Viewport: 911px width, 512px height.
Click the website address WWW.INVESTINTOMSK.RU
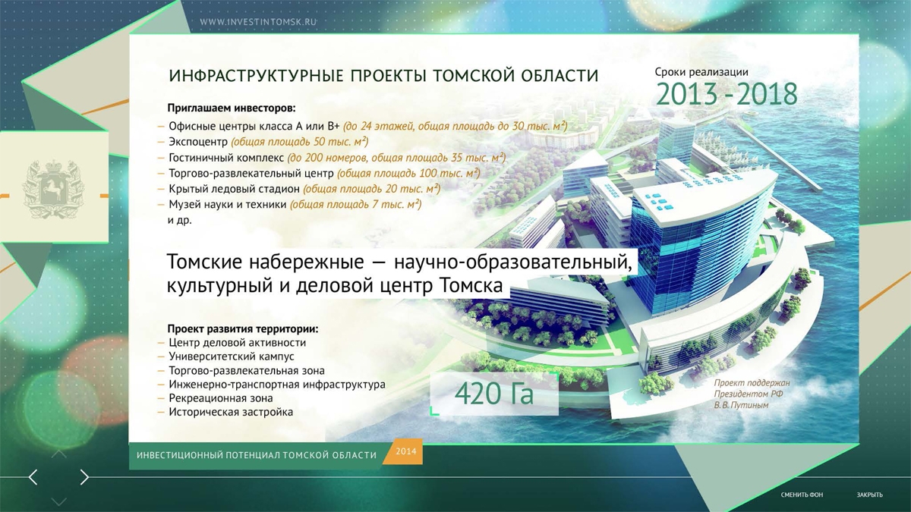click(x=258, y=22)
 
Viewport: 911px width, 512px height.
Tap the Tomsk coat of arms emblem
click(x=53, y=189)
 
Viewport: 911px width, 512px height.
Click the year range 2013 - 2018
click(x=727, y=94)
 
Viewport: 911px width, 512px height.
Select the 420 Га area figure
click(x=493, y=394)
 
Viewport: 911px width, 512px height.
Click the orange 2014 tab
click(x=405, y=451)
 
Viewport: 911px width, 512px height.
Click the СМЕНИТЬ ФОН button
click(x=802, y=495)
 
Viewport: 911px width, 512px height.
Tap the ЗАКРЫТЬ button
click(x=869, y=495)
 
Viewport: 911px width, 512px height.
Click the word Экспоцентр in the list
click(x=198, y=142)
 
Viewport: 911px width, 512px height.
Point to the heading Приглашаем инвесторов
click(x=232, y=108)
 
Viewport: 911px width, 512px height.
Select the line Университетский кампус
click(x=231, y=357)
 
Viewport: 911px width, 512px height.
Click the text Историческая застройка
click(x=231, y=412)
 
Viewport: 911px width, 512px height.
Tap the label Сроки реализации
click(x=701, y=72)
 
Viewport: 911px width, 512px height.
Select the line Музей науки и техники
click(x=227, y=204)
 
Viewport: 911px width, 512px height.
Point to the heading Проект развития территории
click(x=243, y=328)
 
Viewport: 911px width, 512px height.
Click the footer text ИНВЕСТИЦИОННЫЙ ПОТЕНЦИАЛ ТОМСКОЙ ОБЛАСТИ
click(x=257, y=455)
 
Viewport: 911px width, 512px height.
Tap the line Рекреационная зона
click(x=221, y=398)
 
